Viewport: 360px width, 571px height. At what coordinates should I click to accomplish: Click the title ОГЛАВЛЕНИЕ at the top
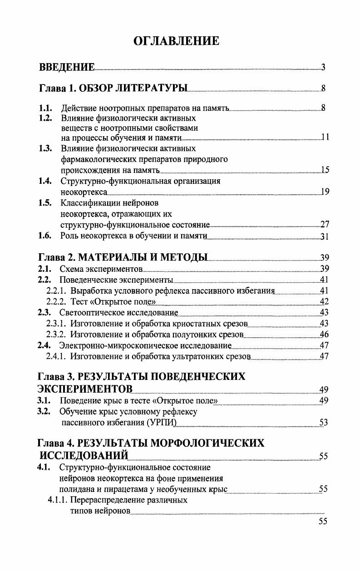tap(177, 41)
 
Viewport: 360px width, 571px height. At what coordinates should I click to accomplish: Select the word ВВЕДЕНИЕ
tap(67, 68)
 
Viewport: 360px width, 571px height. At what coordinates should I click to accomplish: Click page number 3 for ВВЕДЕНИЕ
tap(323, 68)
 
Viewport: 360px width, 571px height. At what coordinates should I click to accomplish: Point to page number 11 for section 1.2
tap(325, 138)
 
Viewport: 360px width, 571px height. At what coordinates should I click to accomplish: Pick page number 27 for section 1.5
tap(324, 225)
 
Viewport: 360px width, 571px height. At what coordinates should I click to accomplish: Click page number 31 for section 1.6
tap(324, 236)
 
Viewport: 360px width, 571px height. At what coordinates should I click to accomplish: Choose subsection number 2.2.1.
tap(57, 290)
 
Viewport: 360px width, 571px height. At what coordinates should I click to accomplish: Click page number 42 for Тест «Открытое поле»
tap(324, 302)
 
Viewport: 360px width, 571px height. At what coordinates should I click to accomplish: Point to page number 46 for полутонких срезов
tap(324, 335)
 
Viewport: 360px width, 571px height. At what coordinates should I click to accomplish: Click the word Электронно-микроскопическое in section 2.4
tap(112, 346)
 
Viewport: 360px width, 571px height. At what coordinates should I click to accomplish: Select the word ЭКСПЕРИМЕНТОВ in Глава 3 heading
tap(85, 389)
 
